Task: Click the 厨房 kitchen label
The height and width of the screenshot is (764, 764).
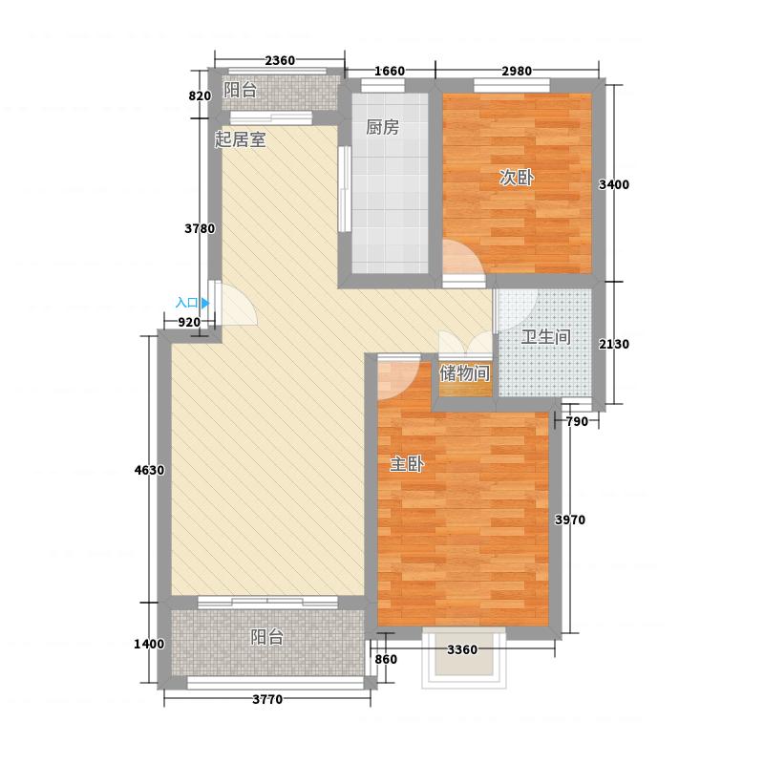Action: (x=383, y=128)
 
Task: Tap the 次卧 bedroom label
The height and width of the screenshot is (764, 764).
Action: (x=517, y=178)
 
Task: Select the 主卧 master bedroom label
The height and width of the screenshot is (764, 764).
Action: (x=407, y=464)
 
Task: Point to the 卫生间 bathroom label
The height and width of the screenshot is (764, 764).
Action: (x=545, y=337)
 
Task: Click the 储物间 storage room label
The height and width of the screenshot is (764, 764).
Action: (x=464, y=373)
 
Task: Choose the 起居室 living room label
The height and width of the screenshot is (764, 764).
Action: (x=241, y=139)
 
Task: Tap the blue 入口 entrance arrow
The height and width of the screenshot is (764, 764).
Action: (x=205, y=303)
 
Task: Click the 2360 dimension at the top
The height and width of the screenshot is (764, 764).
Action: (x=280, y=60)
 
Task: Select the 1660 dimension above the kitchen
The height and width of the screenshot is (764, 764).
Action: (x=390, y=71)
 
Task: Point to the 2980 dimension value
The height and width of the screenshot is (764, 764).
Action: (x=517, y=71)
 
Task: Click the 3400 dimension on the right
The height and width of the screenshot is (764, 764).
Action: (x=614, y=184)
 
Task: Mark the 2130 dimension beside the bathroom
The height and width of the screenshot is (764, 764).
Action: (x=614, y=345)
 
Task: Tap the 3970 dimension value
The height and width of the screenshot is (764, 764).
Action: (x=570, y=520)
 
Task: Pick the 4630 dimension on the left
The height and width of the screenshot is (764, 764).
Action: (x=149, y=471)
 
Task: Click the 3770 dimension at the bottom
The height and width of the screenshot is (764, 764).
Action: (x=267, y=700)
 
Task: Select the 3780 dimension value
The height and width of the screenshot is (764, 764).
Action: (x=200, y=228)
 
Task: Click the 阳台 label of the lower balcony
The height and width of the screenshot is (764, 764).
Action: (x=267, y=637)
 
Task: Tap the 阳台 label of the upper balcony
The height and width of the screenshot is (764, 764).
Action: (x=241, y=90)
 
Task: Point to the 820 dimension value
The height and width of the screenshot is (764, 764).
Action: (x=200, y=96)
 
